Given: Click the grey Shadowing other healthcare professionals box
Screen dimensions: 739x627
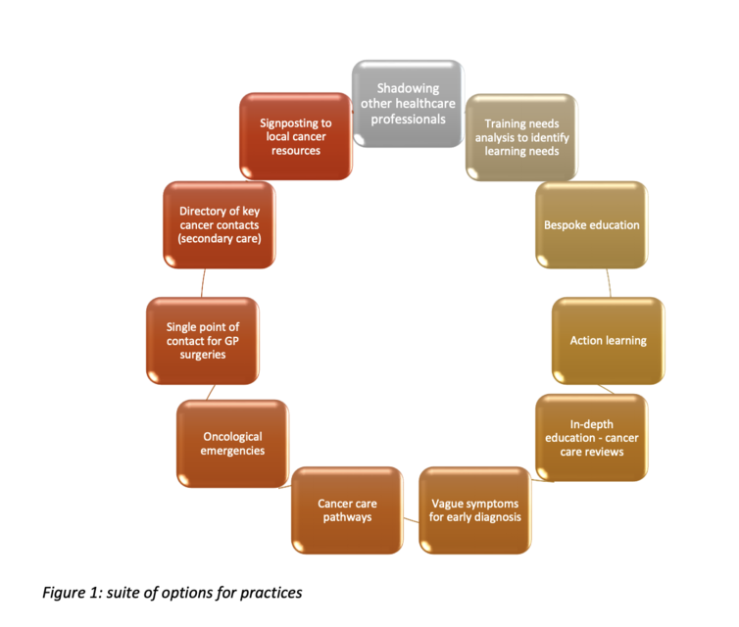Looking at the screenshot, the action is pyautogui.click(x=408, y=104).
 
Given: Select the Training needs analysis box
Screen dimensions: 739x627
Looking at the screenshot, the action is pyautogui.click(x=521, y=137).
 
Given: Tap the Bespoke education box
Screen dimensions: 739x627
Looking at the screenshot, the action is pyautogui.click(x=591, y=225).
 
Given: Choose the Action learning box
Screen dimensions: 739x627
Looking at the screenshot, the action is pyautogui.click(x=609, y=341).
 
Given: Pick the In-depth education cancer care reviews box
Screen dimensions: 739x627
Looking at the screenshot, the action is pyautogui.click(x=591, y=438).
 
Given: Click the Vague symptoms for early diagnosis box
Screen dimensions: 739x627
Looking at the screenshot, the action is pyautogui.click(x=475, y=510).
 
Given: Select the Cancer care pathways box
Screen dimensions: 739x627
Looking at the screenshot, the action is pyautogui.click(x=347, y=510).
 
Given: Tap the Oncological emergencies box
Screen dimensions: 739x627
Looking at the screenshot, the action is pyautogui.click(x=233, y=444).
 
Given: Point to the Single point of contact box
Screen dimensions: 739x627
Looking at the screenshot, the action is pyautogui.click(x=203, y=341).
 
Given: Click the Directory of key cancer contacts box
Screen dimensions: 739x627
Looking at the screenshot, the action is pyautogui.click(x=220, y=225).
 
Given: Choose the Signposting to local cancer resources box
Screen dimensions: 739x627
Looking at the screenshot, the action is pyautogui.click(x=296, y=136).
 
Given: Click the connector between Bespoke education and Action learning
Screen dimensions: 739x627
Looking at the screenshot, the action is pyautogui.click(x=609, y=283).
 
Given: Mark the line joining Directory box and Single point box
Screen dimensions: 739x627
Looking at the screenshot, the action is pyautogui.click(x=203, y=283).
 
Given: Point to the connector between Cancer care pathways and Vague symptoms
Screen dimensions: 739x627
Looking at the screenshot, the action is pyautogui.click(x=411, y=520).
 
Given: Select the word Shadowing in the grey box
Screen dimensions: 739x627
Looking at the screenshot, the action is pyautogui.click(x=408, y=88).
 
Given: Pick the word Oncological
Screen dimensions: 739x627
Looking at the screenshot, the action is pyautogui.click(x=233, y=437).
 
